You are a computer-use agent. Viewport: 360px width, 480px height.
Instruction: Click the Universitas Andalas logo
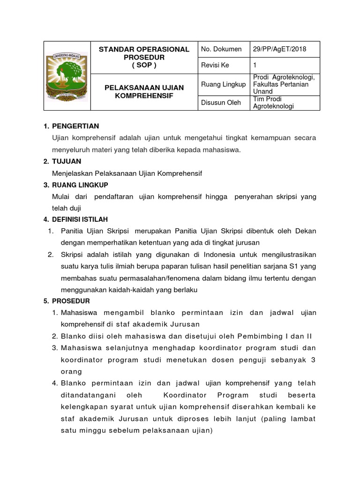67,75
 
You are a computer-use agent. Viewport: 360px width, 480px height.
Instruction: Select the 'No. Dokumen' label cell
221,49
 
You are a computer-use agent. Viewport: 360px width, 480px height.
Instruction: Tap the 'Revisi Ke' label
214,66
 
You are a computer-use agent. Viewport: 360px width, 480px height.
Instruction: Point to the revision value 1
255,66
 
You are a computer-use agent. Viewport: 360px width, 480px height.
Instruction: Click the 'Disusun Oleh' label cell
221,103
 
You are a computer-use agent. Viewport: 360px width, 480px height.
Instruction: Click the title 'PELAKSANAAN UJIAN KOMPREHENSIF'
144,91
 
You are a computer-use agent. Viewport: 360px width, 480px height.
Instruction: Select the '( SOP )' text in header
144,65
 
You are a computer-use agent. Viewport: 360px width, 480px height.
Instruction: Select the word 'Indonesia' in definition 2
210,255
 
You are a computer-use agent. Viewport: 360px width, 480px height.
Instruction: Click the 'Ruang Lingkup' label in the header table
223,84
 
